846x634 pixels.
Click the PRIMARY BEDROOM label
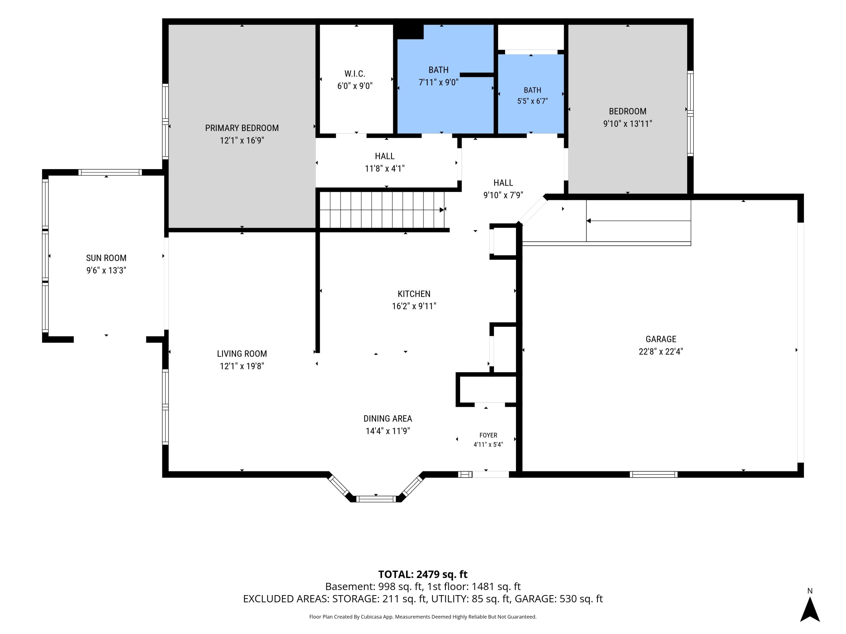(242, 128)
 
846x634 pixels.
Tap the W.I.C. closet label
(355, 74)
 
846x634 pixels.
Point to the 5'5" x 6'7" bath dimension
(532, 101)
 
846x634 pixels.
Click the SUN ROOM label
(106, 258)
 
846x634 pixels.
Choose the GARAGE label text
(661, 339)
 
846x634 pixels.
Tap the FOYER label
(488, 435)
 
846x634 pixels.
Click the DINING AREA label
(388, 418)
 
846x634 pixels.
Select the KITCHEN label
(414, 294)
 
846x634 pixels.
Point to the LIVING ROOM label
(242, 354)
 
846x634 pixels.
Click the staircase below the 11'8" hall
(382, 210)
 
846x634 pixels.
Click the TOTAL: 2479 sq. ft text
(423, 574)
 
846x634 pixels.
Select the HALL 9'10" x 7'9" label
(503, 189)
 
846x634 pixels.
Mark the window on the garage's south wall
(654, 474)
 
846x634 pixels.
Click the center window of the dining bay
(376, 499)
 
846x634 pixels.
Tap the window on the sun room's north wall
(110, 172)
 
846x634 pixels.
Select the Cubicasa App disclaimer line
(423, 617)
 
